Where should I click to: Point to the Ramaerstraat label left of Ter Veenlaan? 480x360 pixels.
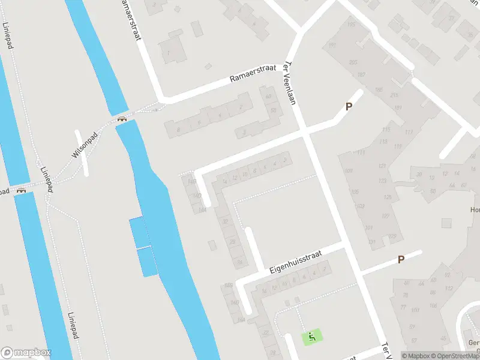(253, 75)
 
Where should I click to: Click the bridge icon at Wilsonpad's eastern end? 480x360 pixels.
(122, 119)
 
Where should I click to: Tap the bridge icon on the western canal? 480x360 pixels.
(22, 191)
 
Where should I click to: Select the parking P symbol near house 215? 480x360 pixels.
(347, 106)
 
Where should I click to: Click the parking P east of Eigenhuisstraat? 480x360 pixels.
(401, 259)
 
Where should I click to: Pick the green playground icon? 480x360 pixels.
(311, 337)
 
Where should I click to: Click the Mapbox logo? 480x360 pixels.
(25, 352)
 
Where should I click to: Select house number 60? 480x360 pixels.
(268, 97)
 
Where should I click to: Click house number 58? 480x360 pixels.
(273, 110)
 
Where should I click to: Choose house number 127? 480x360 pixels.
(385, 217)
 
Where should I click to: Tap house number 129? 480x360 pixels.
(393, 236)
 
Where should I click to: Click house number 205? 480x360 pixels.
(353, 63)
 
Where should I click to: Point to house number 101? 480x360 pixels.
(368, 228)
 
